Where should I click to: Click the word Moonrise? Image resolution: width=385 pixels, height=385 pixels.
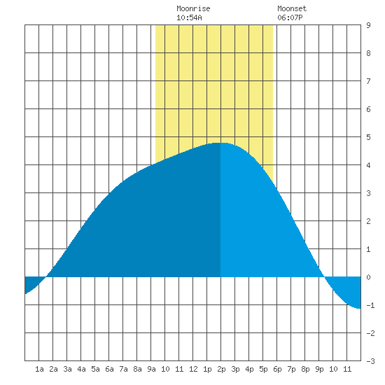193,8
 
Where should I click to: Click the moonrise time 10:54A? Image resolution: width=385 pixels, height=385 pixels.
189,17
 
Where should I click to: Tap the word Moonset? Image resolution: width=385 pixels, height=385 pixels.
292,8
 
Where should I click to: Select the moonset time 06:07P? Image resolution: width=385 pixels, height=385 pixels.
290,17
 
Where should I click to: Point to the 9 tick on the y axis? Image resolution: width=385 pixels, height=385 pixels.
368,25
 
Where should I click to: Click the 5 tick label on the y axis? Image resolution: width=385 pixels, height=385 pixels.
368,137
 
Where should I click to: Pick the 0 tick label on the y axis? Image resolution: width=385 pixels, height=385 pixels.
368,277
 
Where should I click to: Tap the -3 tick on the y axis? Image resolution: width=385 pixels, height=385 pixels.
370,361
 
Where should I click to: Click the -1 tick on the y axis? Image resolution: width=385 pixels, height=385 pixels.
370,305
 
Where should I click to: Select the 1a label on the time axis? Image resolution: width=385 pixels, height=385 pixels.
39,369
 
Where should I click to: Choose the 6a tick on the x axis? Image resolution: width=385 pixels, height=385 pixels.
109,369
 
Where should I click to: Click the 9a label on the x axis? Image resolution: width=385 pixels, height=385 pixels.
151,369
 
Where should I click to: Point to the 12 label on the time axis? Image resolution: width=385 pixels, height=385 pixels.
193,369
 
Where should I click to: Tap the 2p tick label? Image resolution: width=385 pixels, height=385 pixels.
221,369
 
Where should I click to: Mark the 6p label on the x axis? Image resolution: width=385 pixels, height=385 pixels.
277,369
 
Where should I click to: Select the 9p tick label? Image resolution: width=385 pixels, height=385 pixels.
319,369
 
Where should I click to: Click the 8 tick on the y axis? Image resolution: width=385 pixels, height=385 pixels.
368,53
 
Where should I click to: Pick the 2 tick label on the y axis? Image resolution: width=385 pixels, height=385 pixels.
368,221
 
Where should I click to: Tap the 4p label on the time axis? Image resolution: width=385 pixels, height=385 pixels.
249,369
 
